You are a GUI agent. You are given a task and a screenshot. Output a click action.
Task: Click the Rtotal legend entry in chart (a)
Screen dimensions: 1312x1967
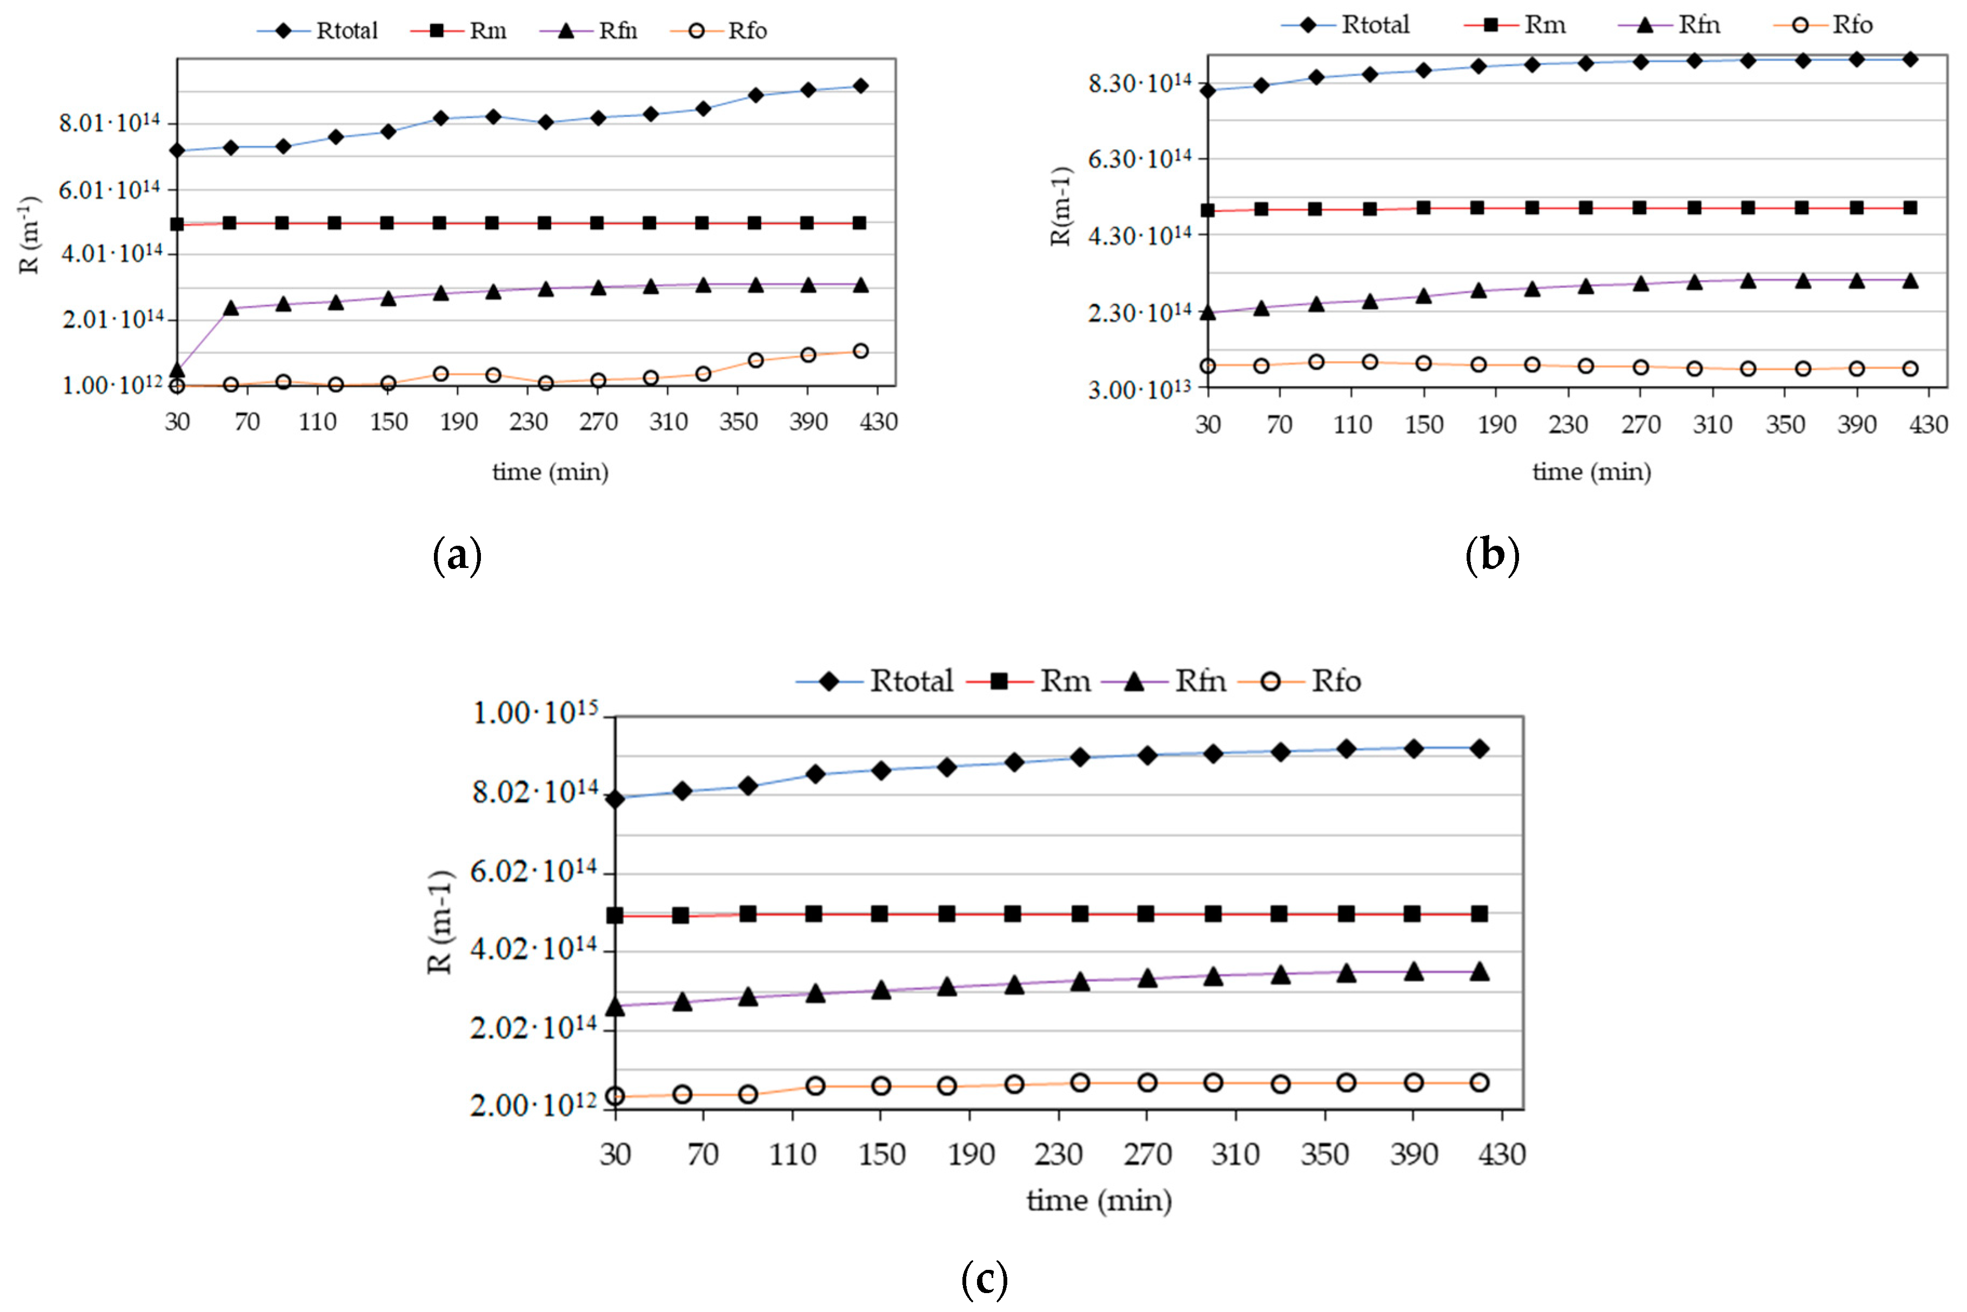point(318,31)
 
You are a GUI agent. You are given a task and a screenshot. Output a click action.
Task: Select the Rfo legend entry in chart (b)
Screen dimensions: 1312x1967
point(1824,25)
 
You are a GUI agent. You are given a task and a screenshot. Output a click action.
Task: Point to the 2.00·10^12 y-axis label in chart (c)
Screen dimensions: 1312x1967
point(534,1105)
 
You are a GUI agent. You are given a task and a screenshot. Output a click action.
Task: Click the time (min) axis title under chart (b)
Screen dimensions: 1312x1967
point(1591,472)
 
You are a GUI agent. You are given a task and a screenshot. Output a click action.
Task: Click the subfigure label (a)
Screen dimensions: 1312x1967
point(457,555)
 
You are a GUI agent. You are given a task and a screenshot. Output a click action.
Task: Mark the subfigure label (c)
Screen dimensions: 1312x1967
point(984,1278)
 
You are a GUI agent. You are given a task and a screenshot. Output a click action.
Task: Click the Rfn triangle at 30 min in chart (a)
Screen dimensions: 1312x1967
point(177,370)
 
